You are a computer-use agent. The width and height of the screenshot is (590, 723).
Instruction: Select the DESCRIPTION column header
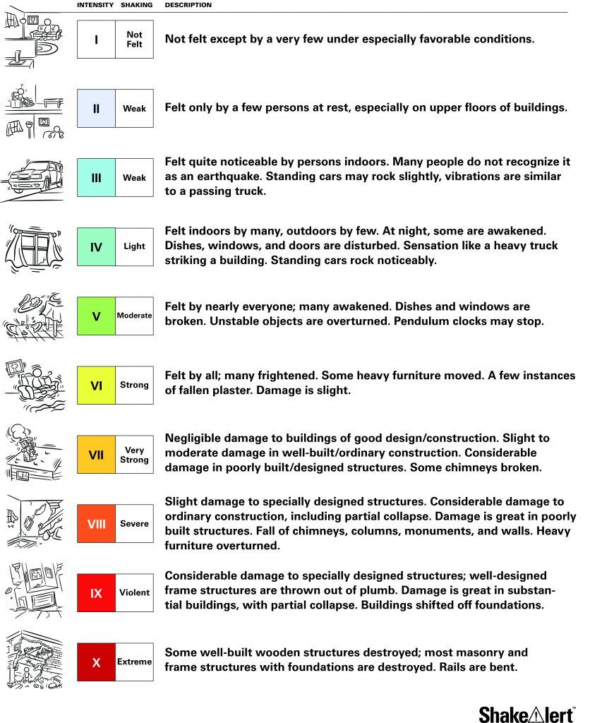tap(188, 5)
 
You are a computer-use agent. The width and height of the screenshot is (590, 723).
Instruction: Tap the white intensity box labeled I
tap(96, 40)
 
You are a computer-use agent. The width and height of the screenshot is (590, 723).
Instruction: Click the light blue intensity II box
tap(96, 109)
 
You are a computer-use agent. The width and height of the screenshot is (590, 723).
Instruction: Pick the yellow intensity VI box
tap(96, 386)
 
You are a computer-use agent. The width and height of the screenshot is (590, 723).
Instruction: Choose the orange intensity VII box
tap(96, 455)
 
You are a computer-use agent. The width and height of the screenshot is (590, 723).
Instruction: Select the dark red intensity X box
tap(96, 662)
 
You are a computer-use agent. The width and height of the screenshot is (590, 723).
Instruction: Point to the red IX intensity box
tap(96, 593)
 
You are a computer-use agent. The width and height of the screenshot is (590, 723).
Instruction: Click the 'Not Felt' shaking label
tap(134, 40)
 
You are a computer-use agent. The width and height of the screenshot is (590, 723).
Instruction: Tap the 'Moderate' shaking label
tap(134, 316)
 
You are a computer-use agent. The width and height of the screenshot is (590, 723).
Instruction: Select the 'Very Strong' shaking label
tap(134, 455)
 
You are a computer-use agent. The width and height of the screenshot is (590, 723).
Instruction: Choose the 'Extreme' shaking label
tap(134, 662)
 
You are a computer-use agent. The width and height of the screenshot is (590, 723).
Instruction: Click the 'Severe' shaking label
tap(134, 524)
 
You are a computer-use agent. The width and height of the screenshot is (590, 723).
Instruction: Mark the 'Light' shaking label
tap(134, 246)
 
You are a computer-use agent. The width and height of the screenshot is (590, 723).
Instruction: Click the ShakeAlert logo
tap(526, 713)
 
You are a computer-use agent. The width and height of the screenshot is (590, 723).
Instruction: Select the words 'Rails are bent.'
tap(462, 667)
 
